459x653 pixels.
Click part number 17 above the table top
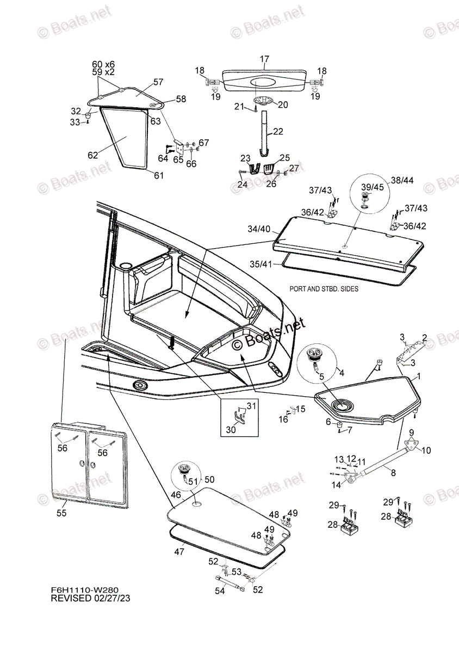tap(264, 59)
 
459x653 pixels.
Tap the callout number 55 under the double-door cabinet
tap(61, 513)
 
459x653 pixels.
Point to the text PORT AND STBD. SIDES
tap(324, 289)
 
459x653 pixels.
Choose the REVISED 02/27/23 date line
tap(90, 598)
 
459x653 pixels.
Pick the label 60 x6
tap(103, 64)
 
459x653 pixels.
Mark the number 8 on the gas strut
tap(393, 472)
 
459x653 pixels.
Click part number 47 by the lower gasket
tap(179, 551)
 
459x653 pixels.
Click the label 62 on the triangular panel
tap(92, 155)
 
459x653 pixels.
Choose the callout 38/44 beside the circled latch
tap(402, 180)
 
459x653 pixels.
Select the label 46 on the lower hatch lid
tap(176, 495)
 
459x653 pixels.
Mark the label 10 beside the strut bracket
tap(426, 450)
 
